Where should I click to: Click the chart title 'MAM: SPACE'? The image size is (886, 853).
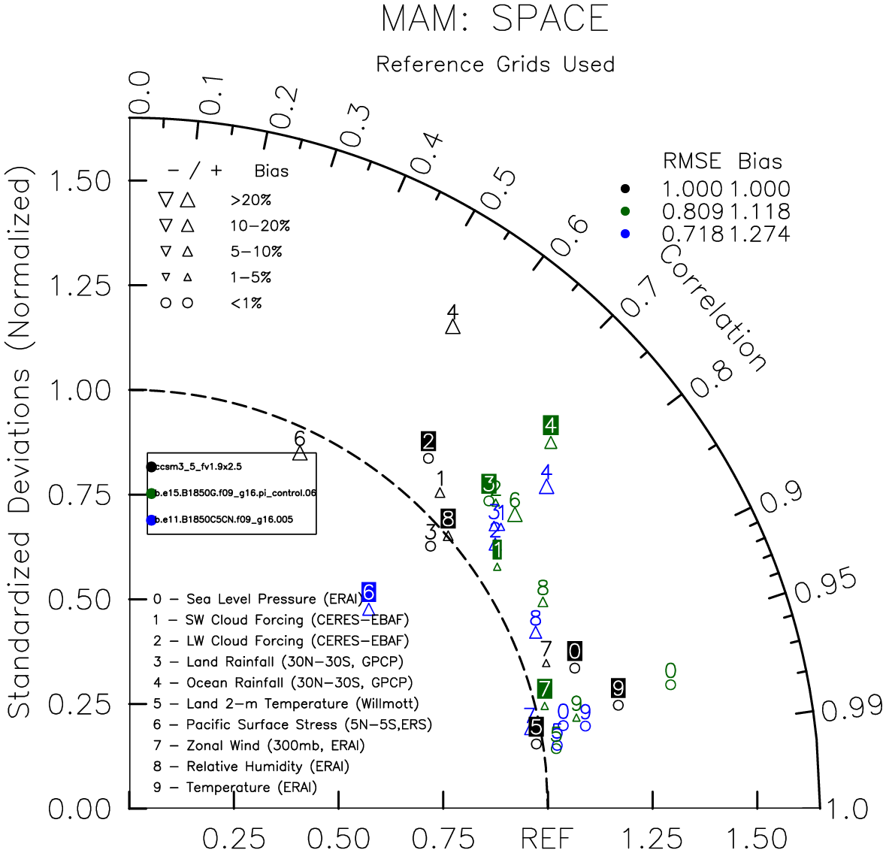pos(494,19)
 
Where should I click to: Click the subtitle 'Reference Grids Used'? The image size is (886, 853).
pos(495,65)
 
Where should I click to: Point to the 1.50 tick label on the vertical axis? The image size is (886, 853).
pos(80,181)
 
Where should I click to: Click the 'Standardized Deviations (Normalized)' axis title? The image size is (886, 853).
pos(20,446)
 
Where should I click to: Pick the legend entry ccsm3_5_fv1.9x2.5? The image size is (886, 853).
pos(198,467)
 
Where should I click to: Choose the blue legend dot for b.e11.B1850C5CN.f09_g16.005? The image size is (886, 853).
pos(152,520)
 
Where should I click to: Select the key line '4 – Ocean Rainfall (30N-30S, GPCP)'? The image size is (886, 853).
pos(283,683)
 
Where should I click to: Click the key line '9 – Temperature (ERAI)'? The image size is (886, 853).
pos(234,788)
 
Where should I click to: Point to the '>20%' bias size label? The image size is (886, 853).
pos(251,201)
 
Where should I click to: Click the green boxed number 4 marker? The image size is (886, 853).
pos(551,425)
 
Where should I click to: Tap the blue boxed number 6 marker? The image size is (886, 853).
pos(369,592)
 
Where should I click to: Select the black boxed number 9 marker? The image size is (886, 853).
pos(618,688)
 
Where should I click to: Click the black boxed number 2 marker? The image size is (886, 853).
pos(428,442)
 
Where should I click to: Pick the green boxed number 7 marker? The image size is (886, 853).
pos(545,688)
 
